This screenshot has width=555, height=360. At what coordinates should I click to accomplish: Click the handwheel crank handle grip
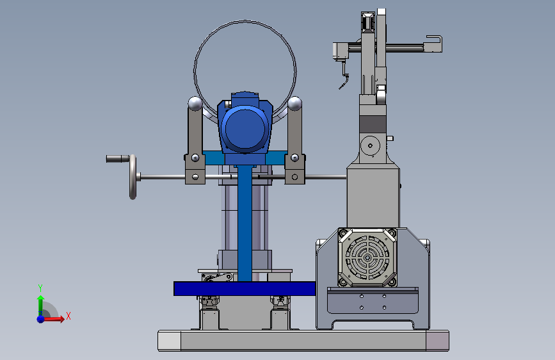[x=117, y=159]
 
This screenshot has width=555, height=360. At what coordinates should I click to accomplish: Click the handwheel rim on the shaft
[x=133, y=177]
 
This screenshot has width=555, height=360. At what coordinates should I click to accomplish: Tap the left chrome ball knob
[x=195, y=104]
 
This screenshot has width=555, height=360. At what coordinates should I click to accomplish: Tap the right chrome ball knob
[x=294, y=104]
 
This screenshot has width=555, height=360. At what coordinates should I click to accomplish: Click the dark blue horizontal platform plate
[x=245, y=288]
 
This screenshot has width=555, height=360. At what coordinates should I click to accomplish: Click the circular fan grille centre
[x=367, y=258]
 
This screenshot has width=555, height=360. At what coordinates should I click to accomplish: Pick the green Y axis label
[x=40, y=288]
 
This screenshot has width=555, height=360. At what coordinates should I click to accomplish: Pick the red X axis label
[x=68, y=316]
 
